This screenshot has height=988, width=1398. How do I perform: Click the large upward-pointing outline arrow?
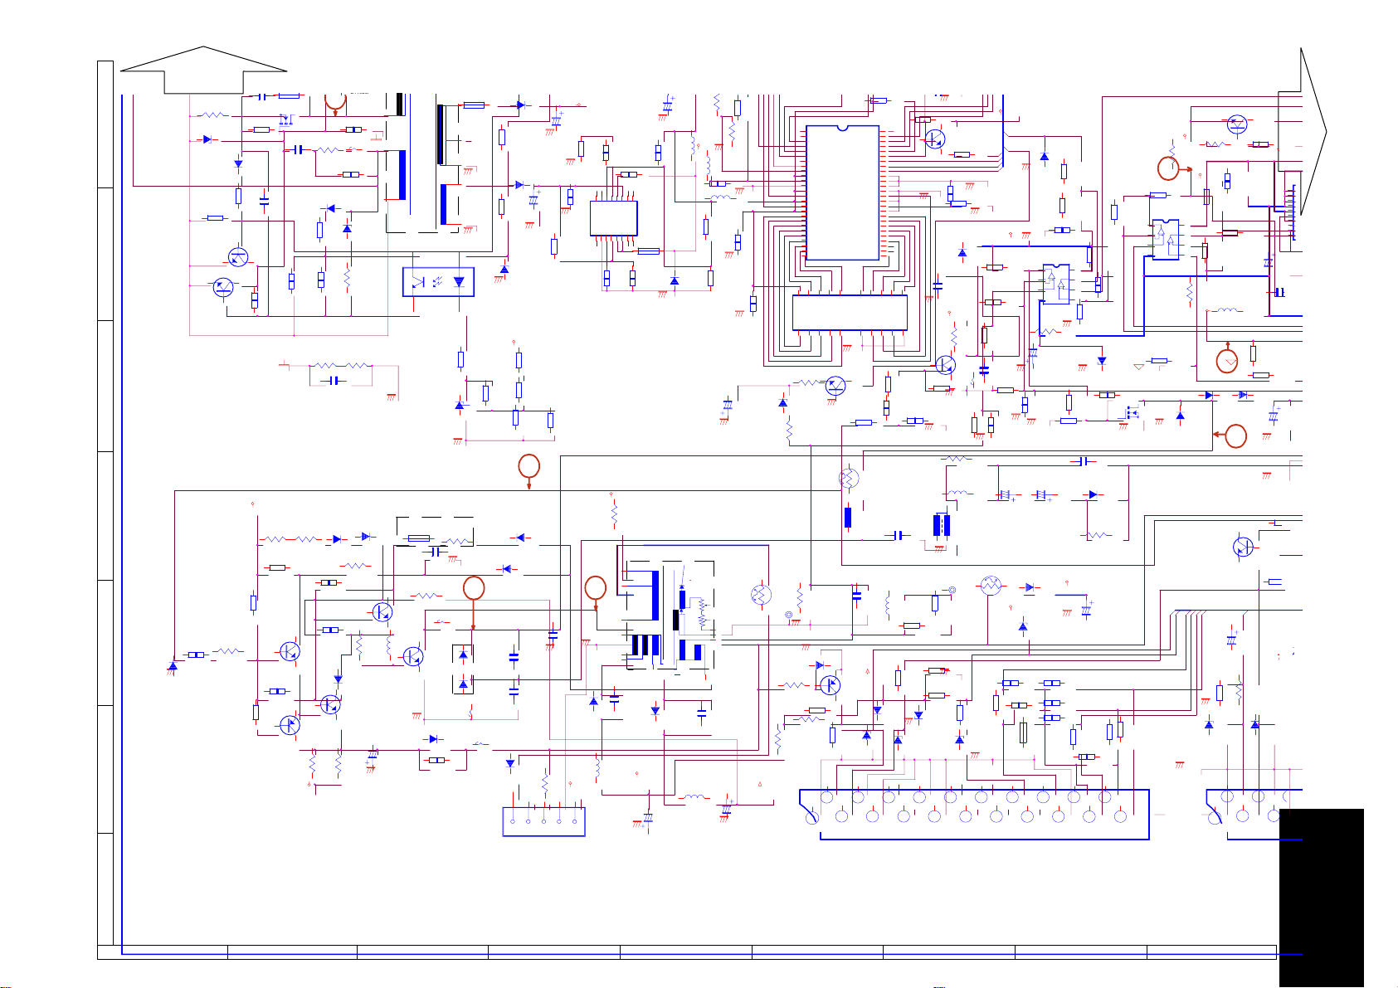(x=203, y=70)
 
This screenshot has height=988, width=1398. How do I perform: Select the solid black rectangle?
(x=1321, y=896)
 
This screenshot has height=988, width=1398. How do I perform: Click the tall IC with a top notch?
(x=842, y=192)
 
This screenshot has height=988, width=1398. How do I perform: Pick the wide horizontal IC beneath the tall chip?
(x=849, y=312)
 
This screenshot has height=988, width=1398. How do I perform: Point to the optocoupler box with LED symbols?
(x=438, y=282)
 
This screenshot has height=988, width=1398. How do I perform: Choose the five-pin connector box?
(x=543, y=821)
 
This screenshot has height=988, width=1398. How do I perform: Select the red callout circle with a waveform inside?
(x=1226, y=362)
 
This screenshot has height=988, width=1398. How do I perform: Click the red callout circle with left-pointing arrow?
(x=1235, y=436)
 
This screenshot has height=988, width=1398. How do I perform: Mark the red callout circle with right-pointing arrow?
(x=1167, y=169)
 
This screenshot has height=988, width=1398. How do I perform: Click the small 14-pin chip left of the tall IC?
(x=613, y=218)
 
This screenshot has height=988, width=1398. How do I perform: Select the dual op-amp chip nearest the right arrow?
(x=1165, y=239)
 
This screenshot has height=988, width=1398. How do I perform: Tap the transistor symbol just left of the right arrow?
(x=1236, y=124)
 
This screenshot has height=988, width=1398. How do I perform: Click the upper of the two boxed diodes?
(x=463, y=655)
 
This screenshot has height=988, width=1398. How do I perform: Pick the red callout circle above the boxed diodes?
(x=473, y=588)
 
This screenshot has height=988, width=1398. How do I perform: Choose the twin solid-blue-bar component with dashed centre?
(x=941, y=525)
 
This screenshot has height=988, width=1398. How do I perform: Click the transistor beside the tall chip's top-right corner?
(x=934, y=139)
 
